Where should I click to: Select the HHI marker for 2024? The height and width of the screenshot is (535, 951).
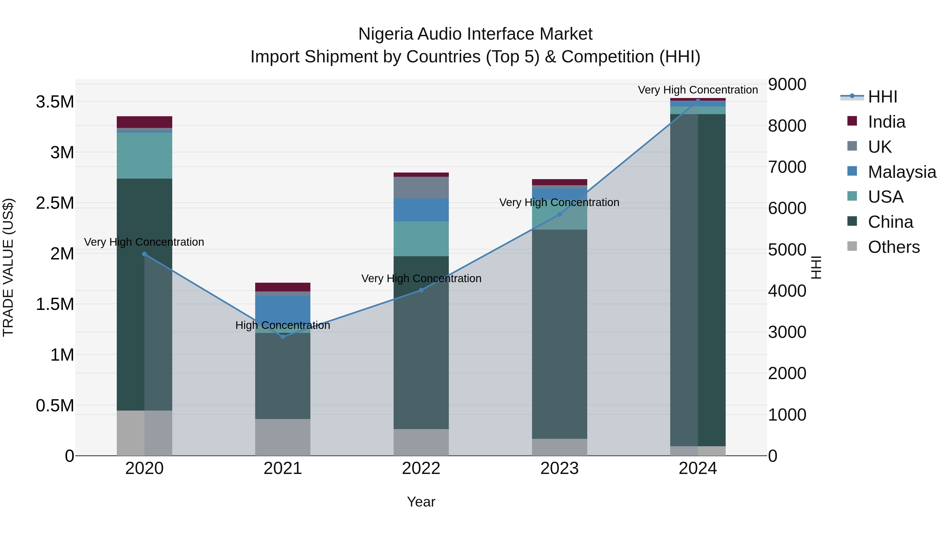(698, 101)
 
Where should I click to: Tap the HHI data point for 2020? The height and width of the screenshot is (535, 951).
(144, 254)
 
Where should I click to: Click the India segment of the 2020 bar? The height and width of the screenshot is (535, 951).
(144, 122)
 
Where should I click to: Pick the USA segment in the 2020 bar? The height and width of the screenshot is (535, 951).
(144, 155)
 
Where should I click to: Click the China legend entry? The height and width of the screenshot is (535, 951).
(890, 222)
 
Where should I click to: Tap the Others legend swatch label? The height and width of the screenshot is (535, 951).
(893, 247)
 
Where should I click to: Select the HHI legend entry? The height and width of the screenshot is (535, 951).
(882, 97)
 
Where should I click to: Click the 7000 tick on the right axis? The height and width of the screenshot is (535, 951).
(787, 167)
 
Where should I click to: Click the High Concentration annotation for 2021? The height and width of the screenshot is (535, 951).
(283, 325)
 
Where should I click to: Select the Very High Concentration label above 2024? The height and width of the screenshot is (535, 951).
(698, 90)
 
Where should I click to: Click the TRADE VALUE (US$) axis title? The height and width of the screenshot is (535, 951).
(8, 267)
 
